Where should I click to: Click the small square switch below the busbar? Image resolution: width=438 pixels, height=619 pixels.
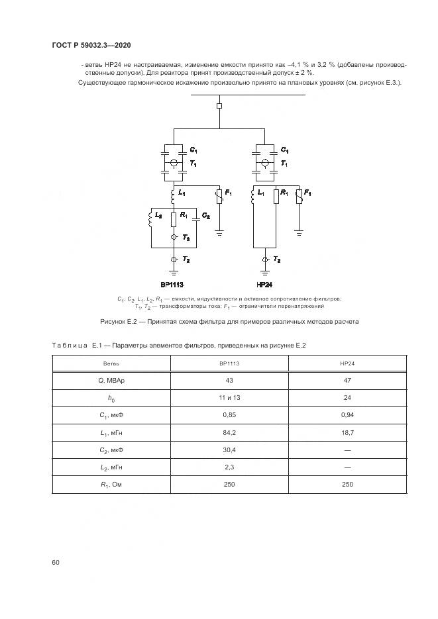coord(219,105)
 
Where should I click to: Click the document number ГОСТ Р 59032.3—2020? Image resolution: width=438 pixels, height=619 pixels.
coord(91,44)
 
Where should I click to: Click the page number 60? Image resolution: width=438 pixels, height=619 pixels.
coord(56,562)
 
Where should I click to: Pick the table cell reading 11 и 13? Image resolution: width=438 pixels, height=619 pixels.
coord(229,397)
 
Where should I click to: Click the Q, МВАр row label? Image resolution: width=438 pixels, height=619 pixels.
coord(111,380)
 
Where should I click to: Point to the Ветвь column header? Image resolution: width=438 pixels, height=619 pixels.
coord(111,363)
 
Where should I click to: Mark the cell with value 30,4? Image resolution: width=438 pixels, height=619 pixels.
coord(229,450)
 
